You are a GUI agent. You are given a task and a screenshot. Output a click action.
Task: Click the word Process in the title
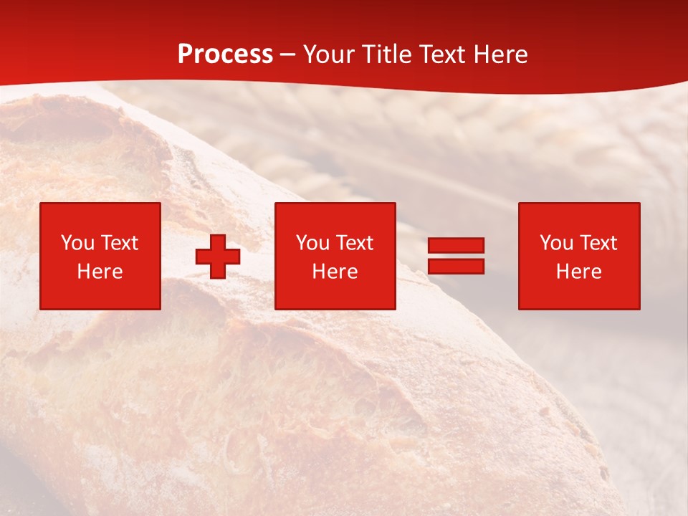click(225, 54)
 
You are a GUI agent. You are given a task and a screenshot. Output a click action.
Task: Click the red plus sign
click(218, 257)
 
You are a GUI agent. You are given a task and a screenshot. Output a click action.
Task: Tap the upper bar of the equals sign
click(456, 246)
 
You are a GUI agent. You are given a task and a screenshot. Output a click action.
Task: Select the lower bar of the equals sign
click(456, 266)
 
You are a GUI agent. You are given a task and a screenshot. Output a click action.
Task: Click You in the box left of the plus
click(77, 243)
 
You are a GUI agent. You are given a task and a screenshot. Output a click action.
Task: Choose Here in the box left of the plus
click(100, 272)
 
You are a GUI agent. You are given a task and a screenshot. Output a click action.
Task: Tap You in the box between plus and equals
click(312, 243)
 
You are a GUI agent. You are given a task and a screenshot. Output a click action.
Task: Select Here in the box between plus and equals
click(335, 272)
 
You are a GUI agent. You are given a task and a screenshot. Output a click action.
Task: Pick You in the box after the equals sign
click(556, 243)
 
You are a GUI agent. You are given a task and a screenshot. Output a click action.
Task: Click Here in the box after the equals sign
click(578, 272)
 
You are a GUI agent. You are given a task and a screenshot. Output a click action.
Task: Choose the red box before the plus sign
click(100, 294)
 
